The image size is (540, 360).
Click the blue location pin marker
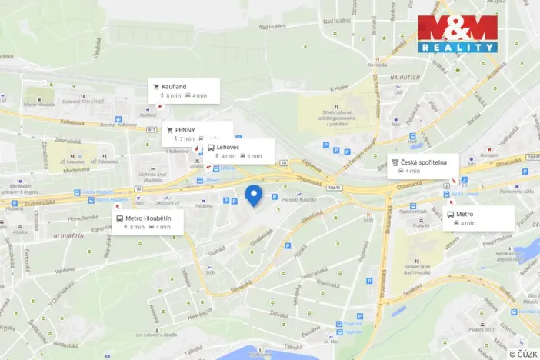(253, 195)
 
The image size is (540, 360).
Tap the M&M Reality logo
(458, 34)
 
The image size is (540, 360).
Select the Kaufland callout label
(185, 91)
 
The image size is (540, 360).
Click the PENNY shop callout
(197, 134)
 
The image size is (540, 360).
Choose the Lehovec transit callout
(239, 151)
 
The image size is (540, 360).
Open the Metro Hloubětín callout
(148, 222)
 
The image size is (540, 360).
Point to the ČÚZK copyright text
(522, 353)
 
